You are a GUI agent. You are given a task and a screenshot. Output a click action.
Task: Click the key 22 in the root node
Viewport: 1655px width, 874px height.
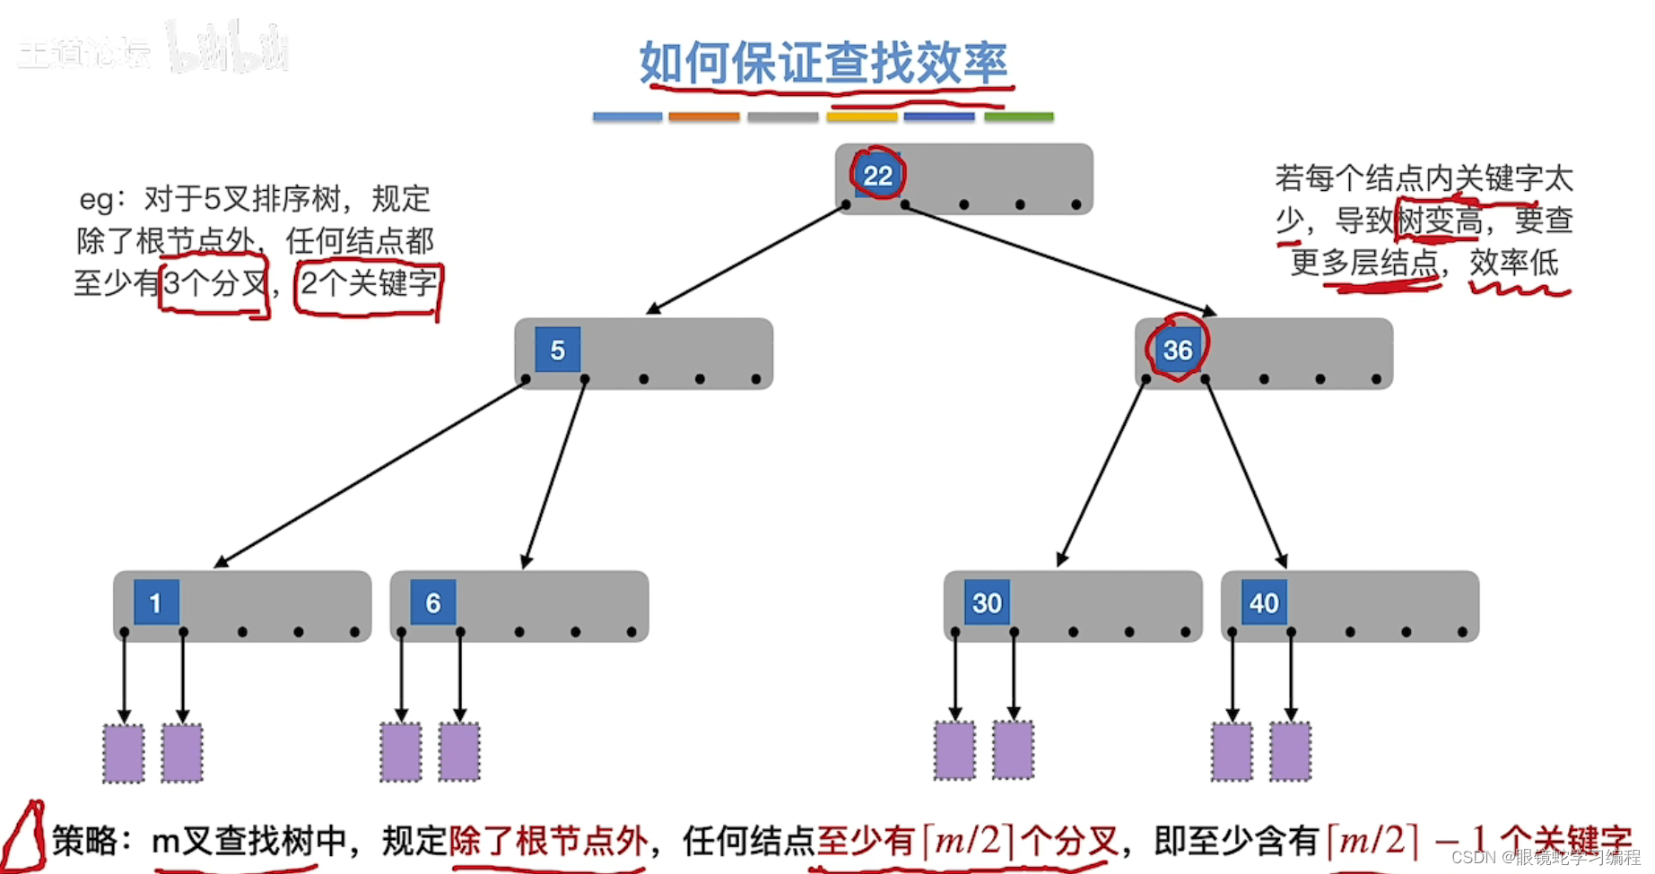pos(877,175)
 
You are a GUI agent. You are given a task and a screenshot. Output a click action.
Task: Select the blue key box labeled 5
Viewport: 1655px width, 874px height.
pos(557,350)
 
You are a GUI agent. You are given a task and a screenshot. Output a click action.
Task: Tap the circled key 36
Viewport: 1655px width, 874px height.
pos(1177,350)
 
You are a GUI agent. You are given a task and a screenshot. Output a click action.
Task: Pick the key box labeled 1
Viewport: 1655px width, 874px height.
pos(156,602)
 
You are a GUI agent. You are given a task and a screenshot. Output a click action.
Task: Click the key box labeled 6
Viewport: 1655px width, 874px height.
pos(432,602)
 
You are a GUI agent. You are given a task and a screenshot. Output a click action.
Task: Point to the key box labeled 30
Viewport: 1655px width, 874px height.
pos(987,602)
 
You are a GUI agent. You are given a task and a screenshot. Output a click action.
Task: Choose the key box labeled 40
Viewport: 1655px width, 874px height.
pos(1264,602)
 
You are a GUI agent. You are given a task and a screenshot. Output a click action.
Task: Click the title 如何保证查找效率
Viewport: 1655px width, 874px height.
pos(823,63)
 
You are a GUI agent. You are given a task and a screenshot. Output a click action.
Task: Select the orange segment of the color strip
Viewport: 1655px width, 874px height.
pos(704,117)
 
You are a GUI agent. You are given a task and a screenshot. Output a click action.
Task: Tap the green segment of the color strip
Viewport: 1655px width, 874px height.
pos(1018,117)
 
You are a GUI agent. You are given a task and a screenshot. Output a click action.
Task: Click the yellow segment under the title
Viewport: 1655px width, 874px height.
pos(861,117)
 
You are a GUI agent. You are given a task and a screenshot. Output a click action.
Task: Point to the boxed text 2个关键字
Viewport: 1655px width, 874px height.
pos(369,284)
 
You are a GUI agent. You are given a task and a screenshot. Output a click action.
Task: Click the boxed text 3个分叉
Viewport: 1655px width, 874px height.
pos(215,284)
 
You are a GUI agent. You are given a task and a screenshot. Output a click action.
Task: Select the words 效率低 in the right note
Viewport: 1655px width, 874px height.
pos(1514,263)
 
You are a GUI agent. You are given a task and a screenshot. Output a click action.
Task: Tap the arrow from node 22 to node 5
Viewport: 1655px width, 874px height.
pos(746,258)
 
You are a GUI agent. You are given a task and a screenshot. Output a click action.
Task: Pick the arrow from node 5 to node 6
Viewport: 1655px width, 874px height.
pos(554,473)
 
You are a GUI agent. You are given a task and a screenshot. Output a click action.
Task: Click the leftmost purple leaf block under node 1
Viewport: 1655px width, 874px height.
pos(124,753)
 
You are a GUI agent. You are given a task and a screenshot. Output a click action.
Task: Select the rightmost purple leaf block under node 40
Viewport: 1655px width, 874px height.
pos(1290,751)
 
